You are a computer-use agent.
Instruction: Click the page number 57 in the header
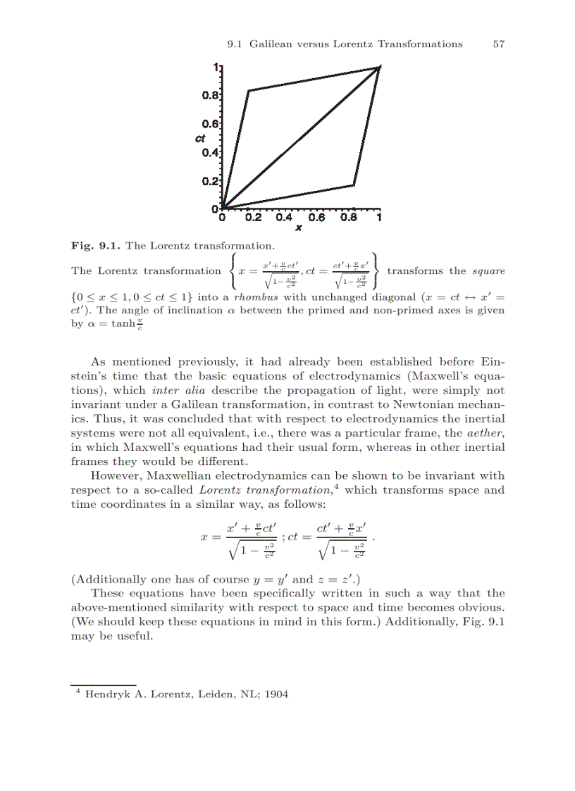pos(498,44)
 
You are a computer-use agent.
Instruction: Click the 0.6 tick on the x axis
pos(317,217)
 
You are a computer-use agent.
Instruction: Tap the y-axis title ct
pos(201,138)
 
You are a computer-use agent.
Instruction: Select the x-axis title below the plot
pos(299,228)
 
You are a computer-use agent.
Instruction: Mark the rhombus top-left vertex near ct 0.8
pos(249,90)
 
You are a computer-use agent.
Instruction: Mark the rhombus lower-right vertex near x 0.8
pos(354,185)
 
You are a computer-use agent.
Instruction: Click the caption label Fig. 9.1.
pos(96,246)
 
